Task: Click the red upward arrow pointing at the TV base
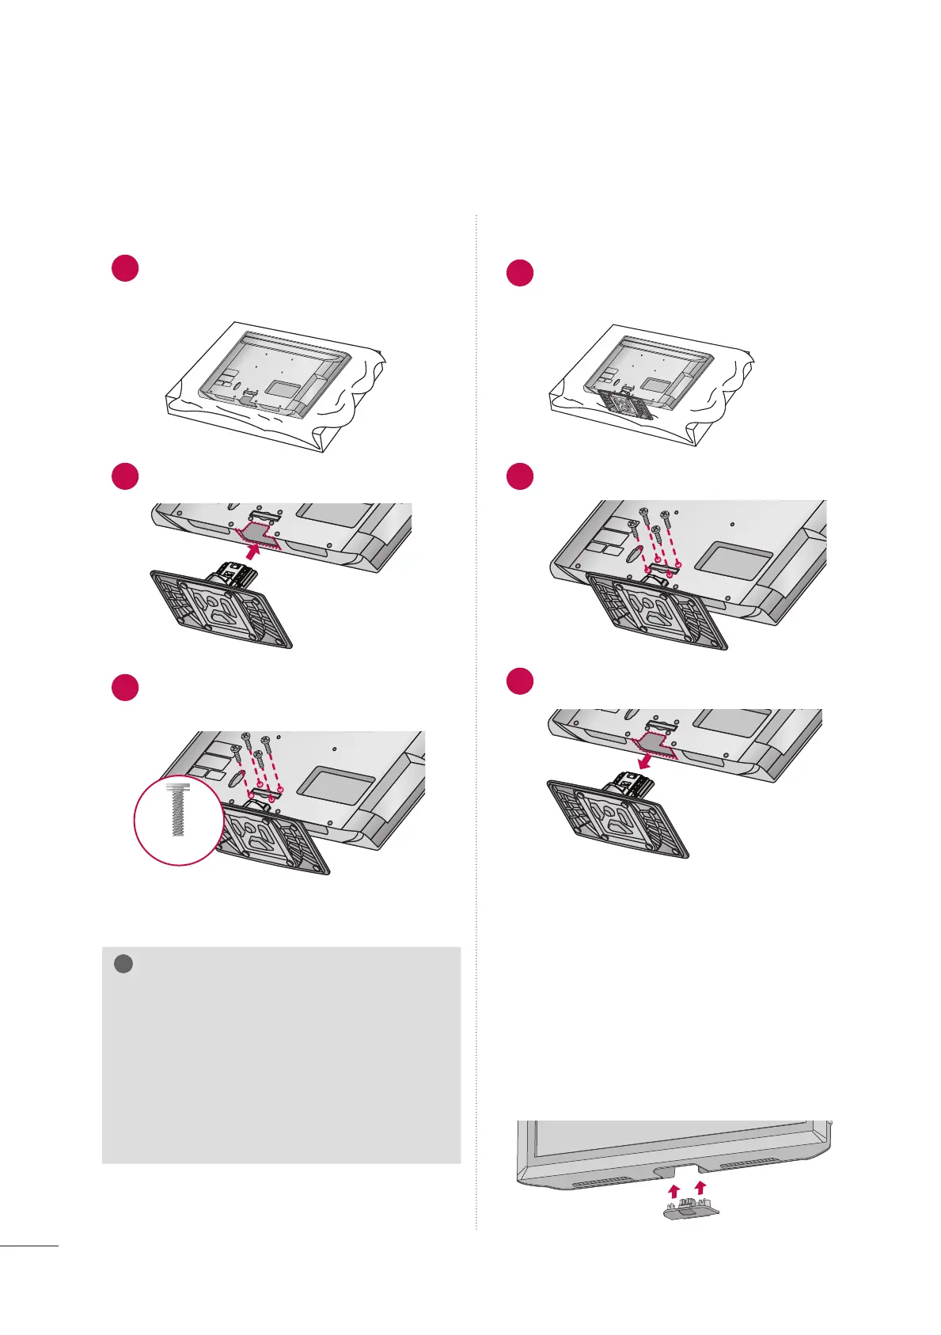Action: coord(252,552)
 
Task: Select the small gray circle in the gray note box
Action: coord(122,965)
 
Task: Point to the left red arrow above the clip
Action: coord(673,1190)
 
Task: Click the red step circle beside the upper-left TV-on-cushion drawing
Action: coord(125,270)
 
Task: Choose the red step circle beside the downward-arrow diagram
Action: coord(520,681)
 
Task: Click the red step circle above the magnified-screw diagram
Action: coord(125,687)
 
